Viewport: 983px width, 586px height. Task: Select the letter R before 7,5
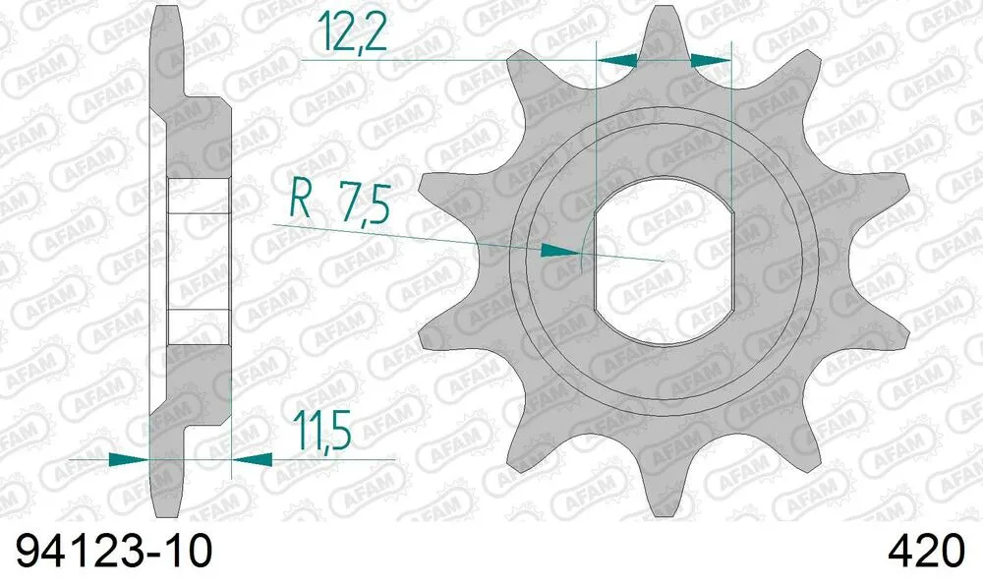coord(302,205)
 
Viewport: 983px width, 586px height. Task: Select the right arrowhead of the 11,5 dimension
coord(251,458)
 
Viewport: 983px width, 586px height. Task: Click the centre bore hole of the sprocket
coord(664,260)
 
